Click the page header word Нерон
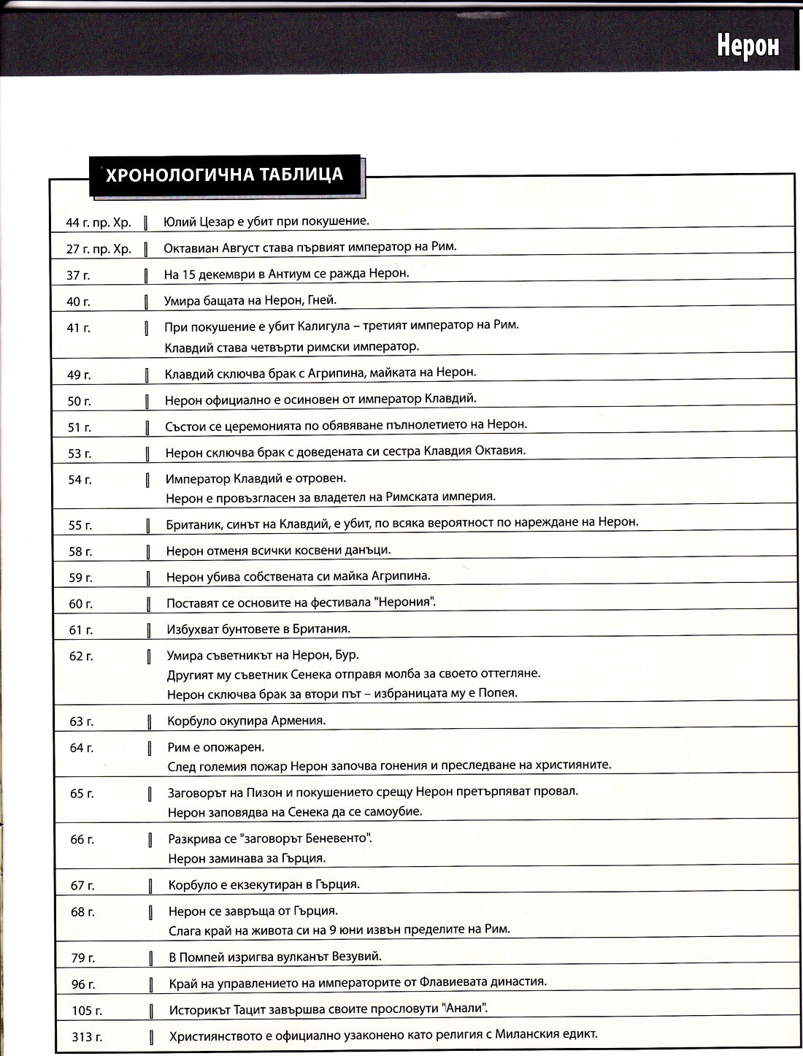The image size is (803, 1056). click(747, 46)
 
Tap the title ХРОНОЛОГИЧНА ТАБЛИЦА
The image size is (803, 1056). click(224, 175)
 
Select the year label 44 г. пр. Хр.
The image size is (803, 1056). click(99, 222)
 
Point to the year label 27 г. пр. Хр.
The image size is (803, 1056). click(99, 249)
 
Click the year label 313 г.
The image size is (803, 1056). click(87, 1036)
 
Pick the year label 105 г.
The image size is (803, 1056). click(86, 1011)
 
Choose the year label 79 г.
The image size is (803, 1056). click(82, 957)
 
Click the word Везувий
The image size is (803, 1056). click(356, 956)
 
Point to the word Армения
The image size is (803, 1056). click(298, 720)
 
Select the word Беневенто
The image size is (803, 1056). click(333, 838)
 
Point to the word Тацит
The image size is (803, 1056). click(246, 1009)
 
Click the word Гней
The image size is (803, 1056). click(320, 300)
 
